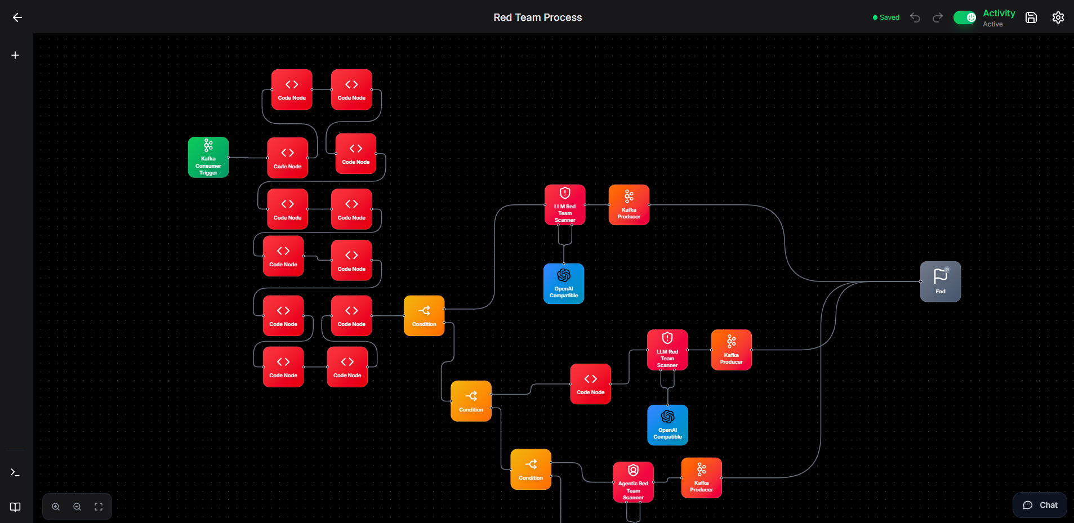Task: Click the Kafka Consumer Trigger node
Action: point(208,158)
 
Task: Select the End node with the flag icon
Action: point(941,281)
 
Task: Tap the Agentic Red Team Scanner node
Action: point(633,482)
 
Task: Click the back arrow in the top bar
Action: point(17,17)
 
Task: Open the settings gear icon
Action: point(1058,17)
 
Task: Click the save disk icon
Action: point(1031,17)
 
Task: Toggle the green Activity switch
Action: point(965,17)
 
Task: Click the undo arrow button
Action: point(915,17)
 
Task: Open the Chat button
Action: point(1040,505)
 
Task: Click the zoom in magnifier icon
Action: point(56,507)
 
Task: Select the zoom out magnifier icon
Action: point(77,507)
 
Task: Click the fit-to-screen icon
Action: point(99,507)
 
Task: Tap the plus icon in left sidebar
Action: point(15,55)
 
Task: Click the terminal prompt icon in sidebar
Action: point(15,473)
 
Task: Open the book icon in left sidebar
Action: point(15,507)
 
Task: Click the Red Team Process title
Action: point(538,17)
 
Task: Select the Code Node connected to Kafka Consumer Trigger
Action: point(287,158)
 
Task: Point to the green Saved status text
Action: point(889,17)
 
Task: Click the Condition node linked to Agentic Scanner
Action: point(531,469)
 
